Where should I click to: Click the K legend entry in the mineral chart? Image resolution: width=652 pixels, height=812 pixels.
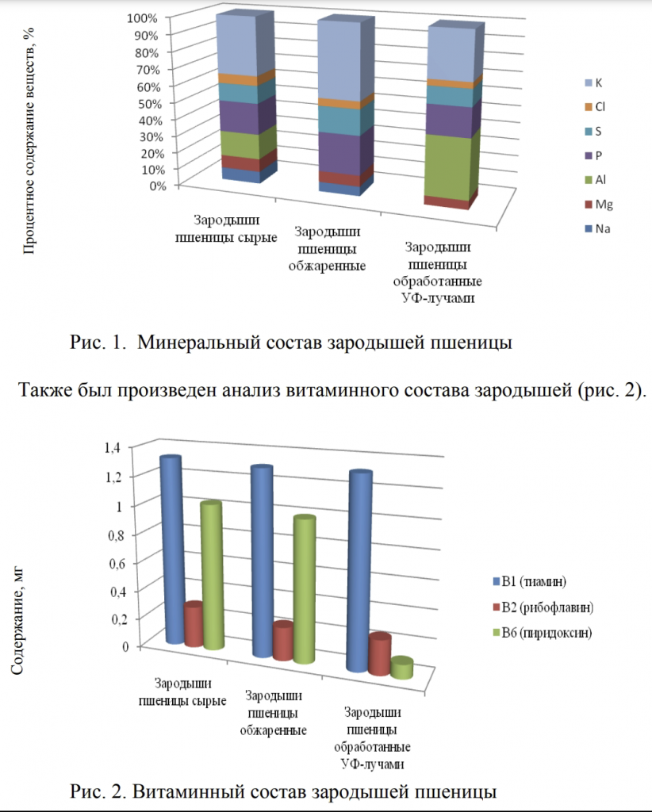tap(593, 82)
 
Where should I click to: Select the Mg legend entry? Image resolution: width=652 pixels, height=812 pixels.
tap(599, 204)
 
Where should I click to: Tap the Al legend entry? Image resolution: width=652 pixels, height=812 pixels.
tap(595, 180)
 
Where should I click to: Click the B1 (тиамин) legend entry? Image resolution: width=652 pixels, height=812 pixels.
tap(529, 581)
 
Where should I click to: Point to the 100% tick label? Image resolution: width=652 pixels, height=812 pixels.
tap(141, 18)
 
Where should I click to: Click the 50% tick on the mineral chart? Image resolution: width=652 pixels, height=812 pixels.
tap(149, 104)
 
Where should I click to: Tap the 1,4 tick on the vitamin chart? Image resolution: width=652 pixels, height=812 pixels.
tap(113, 447)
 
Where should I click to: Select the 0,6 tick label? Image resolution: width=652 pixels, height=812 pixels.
tap(117, 564)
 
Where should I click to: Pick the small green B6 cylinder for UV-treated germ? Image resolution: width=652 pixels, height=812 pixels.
tap(402, 668)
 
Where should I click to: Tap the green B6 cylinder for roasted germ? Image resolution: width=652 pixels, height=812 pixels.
tap(305, 590)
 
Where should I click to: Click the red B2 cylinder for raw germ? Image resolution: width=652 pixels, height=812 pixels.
tap(194, 624)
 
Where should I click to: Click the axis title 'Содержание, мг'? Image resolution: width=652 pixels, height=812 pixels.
tap(17, 621)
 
